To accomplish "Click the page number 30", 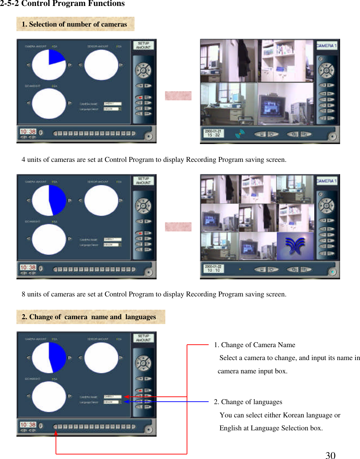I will pyautogui.click(x=330, y=455).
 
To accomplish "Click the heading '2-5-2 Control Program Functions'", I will pyautogui.click(x=62, y=4).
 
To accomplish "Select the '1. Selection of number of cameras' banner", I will pyautogui.click(x=75, y=24).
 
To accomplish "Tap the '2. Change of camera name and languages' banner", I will pyautogui.click(x=91, y=317).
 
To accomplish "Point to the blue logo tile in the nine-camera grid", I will pyautogui.click(x=295, y=246).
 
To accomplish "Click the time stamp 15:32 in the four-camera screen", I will pyautogui.click(x=213, y=135).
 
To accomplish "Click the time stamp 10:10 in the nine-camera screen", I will pyautogui.click(x=213, y=270).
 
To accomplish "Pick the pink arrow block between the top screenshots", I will pyautogui.click(x=178, y=96).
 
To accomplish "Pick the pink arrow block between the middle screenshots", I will pyautogui.click(x=178, y=227).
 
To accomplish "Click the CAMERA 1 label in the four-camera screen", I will pyautogui.click(x=326, y=46).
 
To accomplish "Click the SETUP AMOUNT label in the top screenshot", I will pyautogui.click(x=143, y=45).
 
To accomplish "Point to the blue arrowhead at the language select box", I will pyautogui.click(x=126, y=402).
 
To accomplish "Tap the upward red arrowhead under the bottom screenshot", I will pyautogui.click(x=56, y=433).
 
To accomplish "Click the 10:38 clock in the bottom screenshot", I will pyautogui.click(x=28, y=425).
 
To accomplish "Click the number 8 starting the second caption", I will pyautogui.click(x=23, y=294).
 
